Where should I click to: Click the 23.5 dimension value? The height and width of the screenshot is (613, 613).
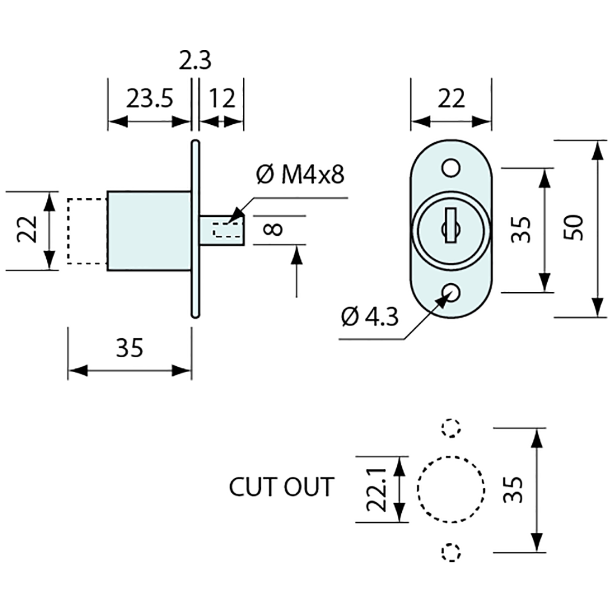pos(149,100)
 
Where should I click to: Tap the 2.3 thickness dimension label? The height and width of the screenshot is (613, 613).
pos(195,60)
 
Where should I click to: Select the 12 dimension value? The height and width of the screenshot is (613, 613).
pos(222,100)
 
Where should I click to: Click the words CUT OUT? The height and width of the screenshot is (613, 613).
pos(281,487)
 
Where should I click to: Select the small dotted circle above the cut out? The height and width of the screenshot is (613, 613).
pos(451,427)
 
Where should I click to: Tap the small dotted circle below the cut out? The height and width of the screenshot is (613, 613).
pos(451,552)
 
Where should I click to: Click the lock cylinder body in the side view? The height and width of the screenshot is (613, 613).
pos(149,231)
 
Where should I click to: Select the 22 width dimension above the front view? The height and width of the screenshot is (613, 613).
pos(451,100)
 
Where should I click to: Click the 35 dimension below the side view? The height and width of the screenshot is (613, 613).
pos(129,349)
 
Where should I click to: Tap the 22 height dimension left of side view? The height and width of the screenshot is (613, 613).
pos(28,229)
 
